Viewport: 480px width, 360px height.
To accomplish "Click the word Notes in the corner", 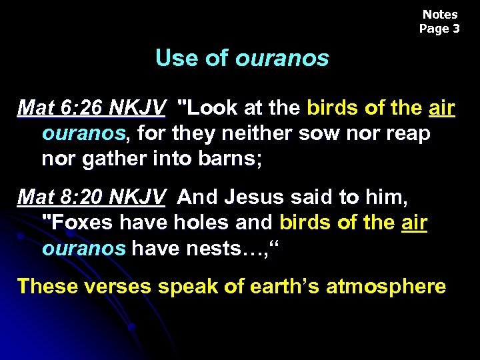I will pos(440,15).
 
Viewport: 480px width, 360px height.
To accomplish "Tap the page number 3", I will pos(456,29).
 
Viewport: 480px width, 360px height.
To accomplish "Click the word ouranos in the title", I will pos(282,59).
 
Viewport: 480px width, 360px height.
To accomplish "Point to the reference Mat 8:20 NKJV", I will pos(92,198).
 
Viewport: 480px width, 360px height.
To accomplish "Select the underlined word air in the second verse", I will pos(414,222).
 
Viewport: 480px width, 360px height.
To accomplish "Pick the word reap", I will pos(407,133).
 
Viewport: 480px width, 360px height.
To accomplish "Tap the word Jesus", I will pos(256,198).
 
